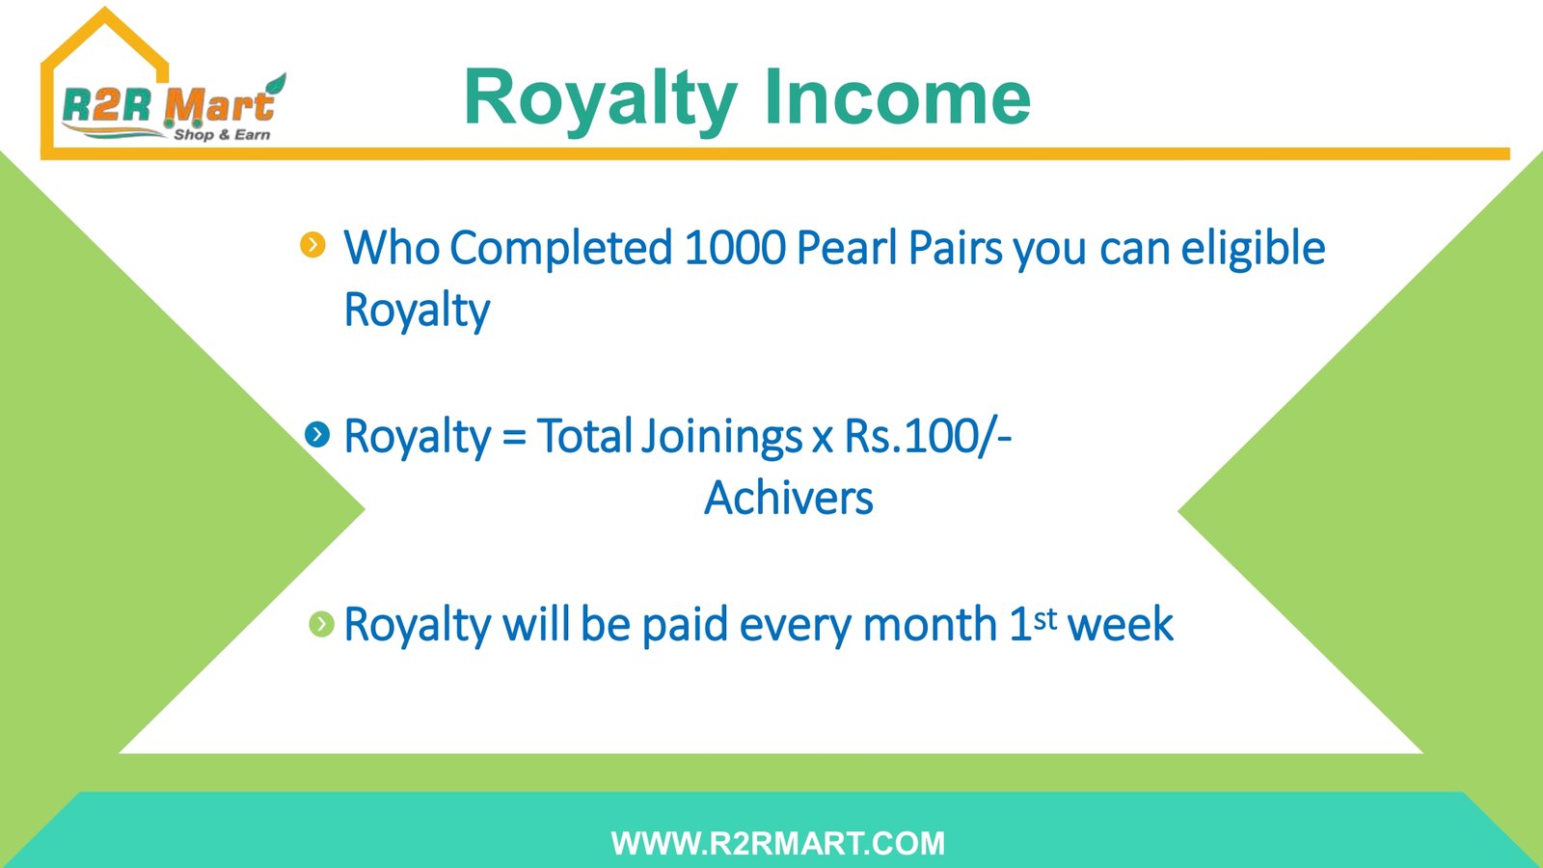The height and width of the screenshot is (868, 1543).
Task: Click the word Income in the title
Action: click(x=897, y=97)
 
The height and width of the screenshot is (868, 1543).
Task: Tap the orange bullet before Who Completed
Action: click(x=312, y=245)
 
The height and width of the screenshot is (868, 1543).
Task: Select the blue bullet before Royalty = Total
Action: click(x=317, y=435)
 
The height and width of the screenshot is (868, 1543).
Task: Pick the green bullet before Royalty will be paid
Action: click(x=322, y=624)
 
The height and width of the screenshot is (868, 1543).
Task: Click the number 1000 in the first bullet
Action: click(x=734, y=247)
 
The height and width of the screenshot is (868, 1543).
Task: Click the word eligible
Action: click(x=1253, y=247)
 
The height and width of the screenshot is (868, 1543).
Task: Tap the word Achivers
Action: click(x=789, y=498)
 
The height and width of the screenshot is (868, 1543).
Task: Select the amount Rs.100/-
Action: click(x=928, y=436)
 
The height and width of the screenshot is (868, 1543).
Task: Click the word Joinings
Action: click(x=721, y=438)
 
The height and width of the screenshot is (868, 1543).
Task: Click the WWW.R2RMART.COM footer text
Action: click(x=777, y=843)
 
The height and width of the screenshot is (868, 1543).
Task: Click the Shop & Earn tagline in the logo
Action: click(x=222, y=135)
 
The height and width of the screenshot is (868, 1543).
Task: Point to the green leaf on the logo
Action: click(x=277, y=86)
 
